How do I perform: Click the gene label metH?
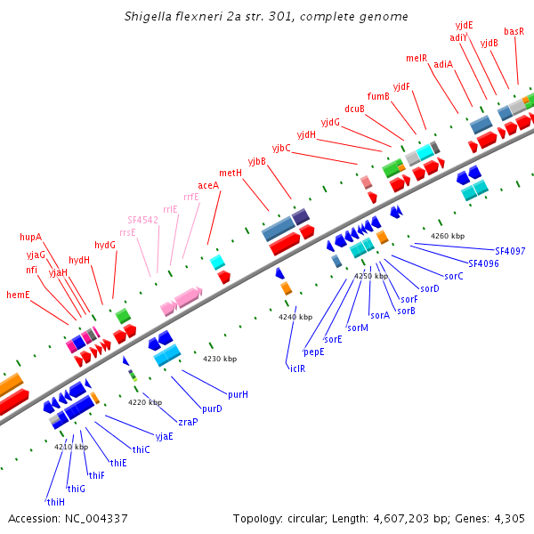click(231, 173)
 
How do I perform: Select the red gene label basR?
click(514, 31)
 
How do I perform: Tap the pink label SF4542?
click(142, 219)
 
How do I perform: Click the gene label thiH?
click(55, 501)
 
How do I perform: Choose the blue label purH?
click(238, 394)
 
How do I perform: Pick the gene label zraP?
click(188, 422)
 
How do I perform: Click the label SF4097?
click(510, 251)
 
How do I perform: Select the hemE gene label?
click(18, 295)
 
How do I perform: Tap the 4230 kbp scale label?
click(220, 359)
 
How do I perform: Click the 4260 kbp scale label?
click(448, 236)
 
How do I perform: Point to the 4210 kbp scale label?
click(71, 447)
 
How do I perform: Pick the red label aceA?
click(208, 185)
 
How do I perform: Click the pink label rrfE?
click(191, 197)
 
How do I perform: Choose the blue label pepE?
click(314, 352)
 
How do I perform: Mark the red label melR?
click(417, 58)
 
